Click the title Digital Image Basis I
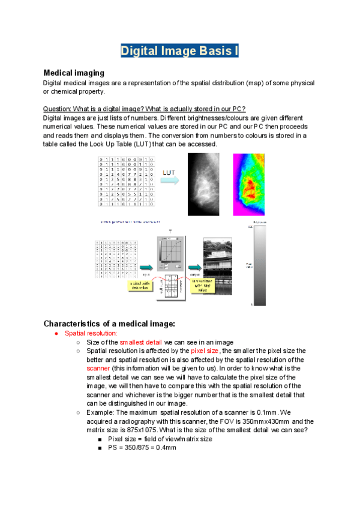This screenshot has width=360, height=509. [180, 50]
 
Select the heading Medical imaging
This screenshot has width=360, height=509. [74, 73]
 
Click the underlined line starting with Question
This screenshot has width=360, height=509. [144, 109]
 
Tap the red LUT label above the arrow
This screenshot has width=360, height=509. [170, 173]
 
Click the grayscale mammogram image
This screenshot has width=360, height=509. [202, 184]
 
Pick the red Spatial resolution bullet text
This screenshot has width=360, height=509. [91, 333]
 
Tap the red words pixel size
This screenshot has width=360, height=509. [206, 351]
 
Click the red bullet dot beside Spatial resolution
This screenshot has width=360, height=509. [55, 333]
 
